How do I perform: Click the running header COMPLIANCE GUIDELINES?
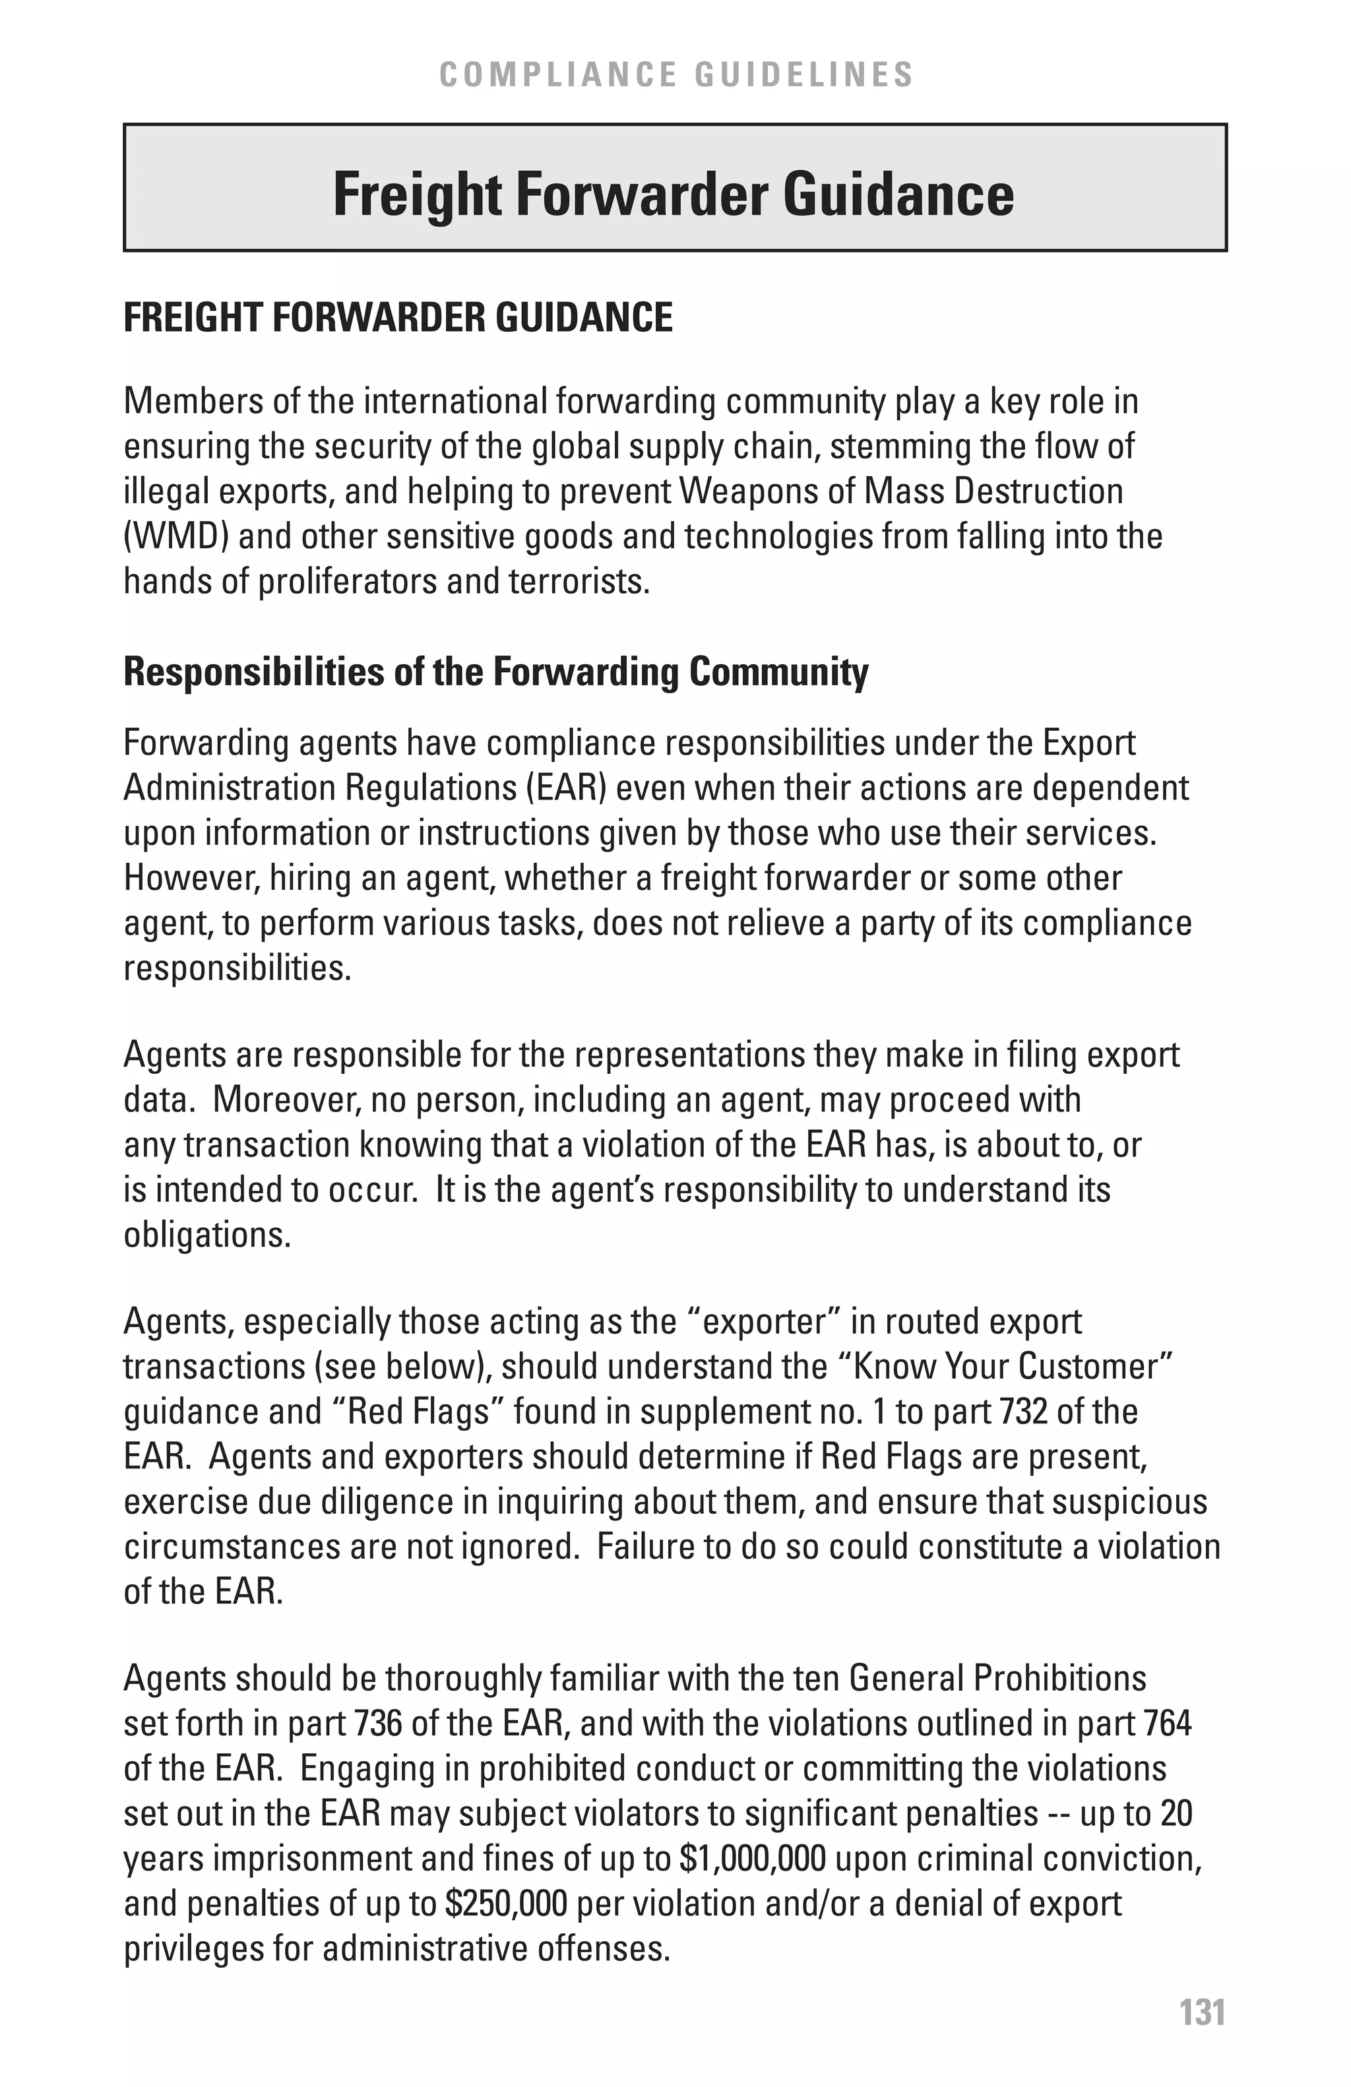pyautogui.click(x=676, y=75)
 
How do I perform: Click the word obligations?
pyautogui.click(x=207, y=1235)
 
